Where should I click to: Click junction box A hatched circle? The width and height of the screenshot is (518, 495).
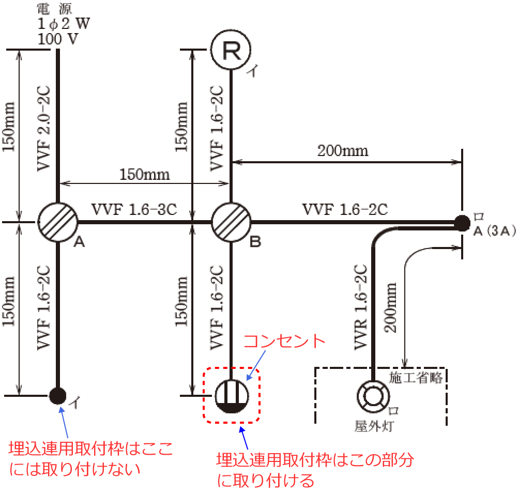[57, 222]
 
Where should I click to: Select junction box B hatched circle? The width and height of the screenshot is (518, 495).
[231, 222]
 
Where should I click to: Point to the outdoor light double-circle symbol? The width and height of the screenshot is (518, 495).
[372, 396]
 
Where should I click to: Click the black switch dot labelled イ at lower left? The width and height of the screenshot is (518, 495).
[57, 396]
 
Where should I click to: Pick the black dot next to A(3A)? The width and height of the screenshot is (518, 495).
[460, 223]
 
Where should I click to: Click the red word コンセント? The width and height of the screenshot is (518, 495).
[283, 342]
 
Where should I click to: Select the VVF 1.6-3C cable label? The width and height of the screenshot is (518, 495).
[134, 210]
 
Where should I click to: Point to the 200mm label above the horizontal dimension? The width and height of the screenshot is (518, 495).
[343, 150]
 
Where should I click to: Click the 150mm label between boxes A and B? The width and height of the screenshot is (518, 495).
[145, 174]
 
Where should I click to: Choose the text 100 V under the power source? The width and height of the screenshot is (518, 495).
[58, 38]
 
